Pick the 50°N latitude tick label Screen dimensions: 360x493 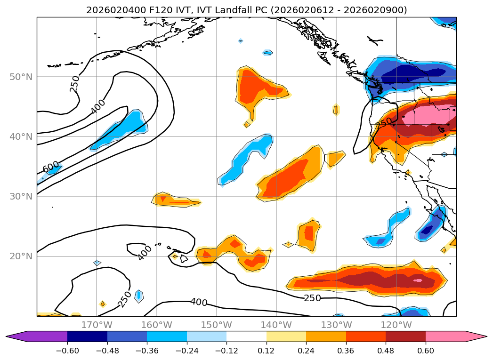21,77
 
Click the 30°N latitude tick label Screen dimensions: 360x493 21,196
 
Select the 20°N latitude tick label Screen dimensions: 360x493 21,256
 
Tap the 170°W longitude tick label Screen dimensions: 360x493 97,325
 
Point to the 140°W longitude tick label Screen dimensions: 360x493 276,325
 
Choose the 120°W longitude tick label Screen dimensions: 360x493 396,325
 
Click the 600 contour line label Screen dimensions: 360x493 51,167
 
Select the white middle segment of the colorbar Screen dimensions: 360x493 246,336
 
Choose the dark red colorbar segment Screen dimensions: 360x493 405,336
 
